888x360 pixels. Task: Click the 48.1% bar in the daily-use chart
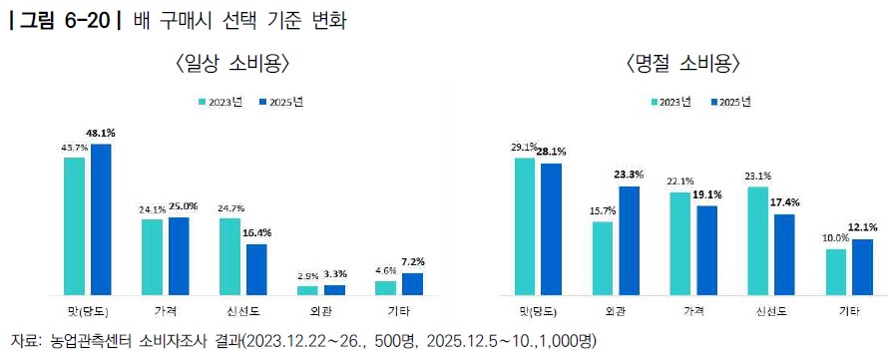[101, 219]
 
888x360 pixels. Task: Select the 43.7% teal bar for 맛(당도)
[74, 226]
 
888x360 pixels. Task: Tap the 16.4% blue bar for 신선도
[256, 269]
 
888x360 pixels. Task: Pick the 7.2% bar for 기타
[412, 284]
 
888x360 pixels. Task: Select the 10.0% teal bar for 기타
[836, 271]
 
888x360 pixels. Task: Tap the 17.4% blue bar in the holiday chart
[784, 254]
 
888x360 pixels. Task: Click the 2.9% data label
[307, 277]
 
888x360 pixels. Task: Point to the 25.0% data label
[183, 206]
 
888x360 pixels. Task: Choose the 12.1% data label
[862, 227]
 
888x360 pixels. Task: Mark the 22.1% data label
[679, 181]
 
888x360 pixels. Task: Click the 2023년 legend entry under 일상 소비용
[220, 102]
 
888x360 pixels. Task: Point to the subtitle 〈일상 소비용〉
[233, 64]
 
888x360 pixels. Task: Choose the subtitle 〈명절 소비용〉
[683, 64]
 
